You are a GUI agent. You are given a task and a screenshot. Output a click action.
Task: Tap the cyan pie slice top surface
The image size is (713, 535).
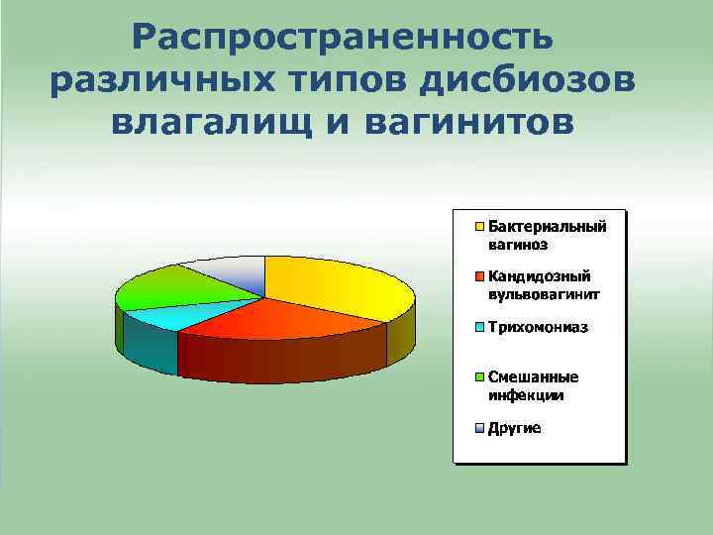(x=163, y=316)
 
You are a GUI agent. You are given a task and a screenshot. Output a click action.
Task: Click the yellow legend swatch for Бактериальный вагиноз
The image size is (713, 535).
(x=478, y=225)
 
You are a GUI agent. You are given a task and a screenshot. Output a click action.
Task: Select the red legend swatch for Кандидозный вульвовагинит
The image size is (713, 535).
(x=478, y=276)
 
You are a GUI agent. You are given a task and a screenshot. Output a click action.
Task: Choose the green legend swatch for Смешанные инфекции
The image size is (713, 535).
(x=478, y=377)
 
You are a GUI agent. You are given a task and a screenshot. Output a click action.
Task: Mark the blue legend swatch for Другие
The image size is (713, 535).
(x=478, y=429)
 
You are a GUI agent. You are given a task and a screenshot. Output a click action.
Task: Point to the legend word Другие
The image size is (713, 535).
(x=514, y=429)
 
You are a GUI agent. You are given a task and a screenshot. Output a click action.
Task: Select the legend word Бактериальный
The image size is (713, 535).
(x=546, y=225)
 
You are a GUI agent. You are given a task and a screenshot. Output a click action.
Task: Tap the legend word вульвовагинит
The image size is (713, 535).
(x=544, y=294)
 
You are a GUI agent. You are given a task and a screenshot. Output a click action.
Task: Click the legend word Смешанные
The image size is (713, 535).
(x=533, y=377)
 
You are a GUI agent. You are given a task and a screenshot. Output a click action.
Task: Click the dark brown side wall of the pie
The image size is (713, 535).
(x=282, y=357)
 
